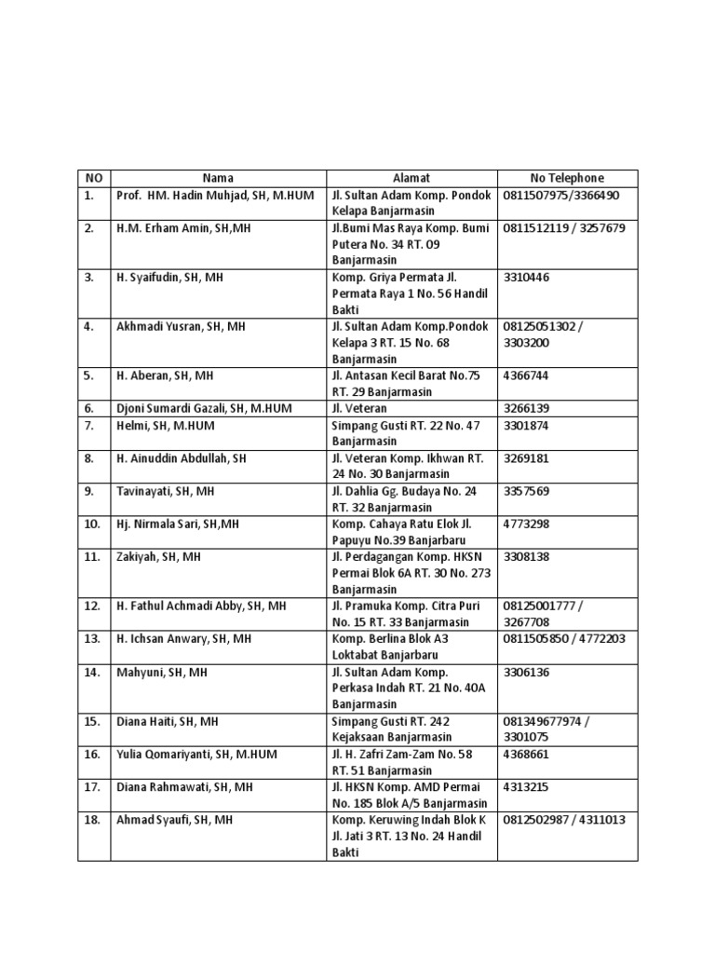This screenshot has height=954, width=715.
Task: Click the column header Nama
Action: [218, 178]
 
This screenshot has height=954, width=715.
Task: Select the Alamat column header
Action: [411, 178]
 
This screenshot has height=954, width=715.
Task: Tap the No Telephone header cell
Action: [567, 178]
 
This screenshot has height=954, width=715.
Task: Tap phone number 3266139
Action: [527, 409]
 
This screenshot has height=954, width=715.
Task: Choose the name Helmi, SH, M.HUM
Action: [165, 426]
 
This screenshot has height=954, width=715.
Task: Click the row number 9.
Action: [89, 491]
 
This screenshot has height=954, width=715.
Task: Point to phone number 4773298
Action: [527, 525]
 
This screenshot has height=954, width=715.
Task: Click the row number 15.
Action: [92, 722]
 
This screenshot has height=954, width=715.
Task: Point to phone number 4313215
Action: [527, 787]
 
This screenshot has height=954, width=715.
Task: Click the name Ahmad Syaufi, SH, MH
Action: [174, 820]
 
